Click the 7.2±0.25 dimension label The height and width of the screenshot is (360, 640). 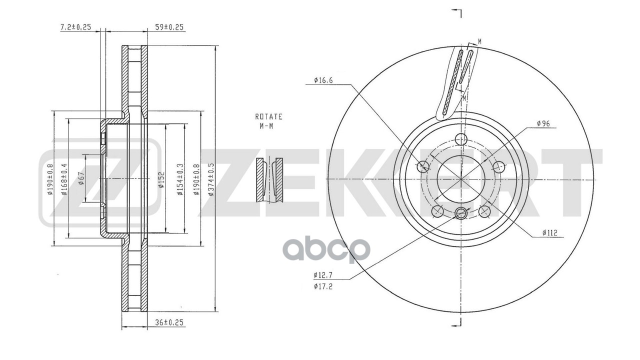point(75,27)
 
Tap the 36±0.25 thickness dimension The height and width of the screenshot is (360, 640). point(167,322)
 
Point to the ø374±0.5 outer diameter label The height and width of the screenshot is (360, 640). point(211,179)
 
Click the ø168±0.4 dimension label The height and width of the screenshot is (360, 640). point(64,179)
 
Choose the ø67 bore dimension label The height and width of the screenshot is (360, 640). point(81,178)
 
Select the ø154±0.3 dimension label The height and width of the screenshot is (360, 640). point(180,179)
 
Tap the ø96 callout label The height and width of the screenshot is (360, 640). point(543,123)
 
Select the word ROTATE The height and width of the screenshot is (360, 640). point(269,116)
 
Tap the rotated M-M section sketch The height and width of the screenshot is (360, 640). point(269,180)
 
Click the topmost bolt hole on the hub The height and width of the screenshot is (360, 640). point(461,139)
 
